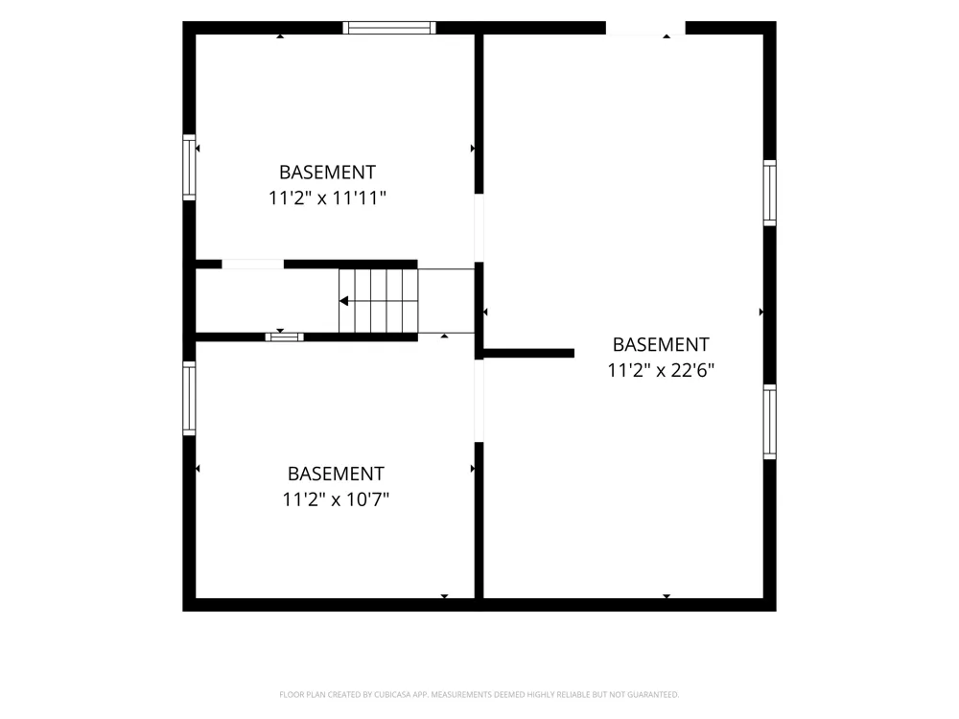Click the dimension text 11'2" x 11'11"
click(327, 198)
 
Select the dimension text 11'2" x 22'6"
click(661, 370)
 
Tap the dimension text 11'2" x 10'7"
click(336, 499)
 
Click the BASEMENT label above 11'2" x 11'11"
click(327, 173)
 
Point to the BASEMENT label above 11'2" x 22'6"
click(661, 344)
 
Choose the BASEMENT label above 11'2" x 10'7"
click(336, 474)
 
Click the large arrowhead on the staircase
click(343, 301)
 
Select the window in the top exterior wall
click(389, 28)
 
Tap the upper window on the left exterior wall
click(189, 167)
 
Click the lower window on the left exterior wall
click(189, 399)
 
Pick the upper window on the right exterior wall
click(769, 194)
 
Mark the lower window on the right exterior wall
click(769, 422)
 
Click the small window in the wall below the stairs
click(285, 336)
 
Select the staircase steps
click(379, 301)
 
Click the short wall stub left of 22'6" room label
click(528, 354)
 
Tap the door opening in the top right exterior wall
click(645, 28)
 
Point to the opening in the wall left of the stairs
click(252, 265)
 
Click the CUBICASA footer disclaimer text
click(479, 694)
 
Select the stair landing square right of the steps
click(447, 301)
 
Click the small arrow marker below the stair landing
click(445, 336)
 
